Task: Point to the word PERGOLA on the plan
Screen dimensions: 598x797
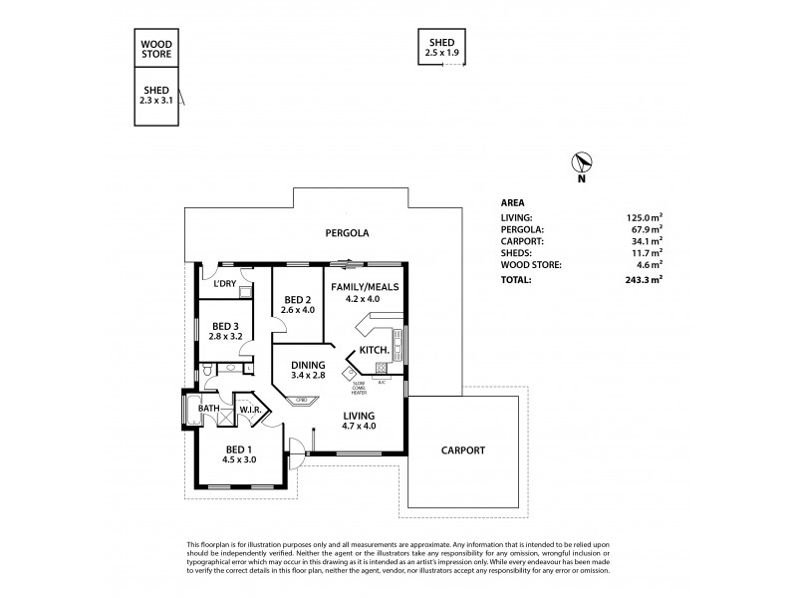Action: click(x=347, y=233)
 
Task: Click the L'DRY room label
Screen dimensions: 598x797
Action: click(x=224, y=284)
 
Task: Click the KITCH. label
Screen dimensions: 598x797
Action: click(x=373, y=351)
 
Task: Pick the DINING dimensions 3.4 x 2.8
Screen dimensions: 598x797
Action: click(x=308, y=376)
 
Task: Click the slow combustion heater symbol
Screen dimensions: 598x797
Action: click(x=350, y=375)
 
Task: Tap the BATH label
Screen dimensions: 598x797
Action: click(x=208, y=408)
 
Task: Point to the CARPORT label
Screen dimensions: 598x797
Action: click(x=463, y=450)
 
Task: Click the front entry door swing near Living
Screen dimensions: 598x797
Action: click(x=296, y=451)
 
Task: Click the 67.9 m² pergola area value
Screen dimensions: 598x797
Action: click(x=647, y=228)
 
